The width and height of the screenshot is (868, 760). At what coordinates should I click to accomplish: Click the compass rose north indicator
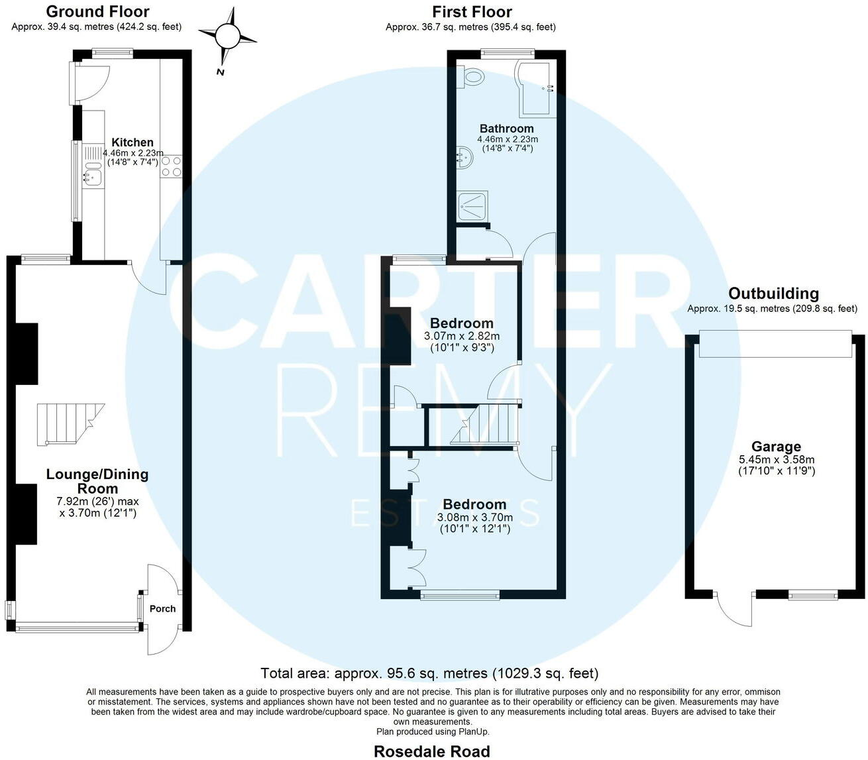pos(227,36)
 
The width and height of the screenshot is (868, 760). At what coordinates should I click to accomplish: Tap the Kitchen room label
pos(133,142)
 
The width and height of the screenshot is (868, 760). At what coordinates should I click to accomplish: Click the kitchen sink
pos(92,176)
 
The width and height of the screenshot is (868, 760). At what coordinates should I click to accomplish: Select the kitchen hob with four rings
pos(172,165)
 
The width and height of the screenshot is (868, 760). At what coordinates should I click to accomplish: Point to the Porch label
pos(162,609)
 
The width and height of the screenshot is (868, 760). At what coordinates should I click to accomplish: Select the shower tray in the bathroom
pos(472,205)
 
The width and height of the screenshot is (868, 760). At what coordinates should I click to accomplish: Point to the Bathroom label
pos(507,129)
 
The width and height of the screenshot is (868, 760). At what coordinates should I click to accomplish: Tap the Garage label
pos(776,447)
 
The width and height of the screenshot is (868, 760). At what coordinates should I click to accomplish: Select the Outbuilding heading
pos(773,294)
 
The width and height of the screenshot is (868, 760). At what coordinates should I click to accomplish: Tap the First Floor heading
pos(471,11)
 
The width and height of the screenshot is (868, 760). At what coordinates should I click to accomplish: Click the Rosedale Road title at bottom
pos(432,751)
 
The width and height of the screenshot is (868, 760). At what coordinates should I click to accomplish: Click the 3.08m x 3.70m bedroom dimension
pos(474,517)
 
